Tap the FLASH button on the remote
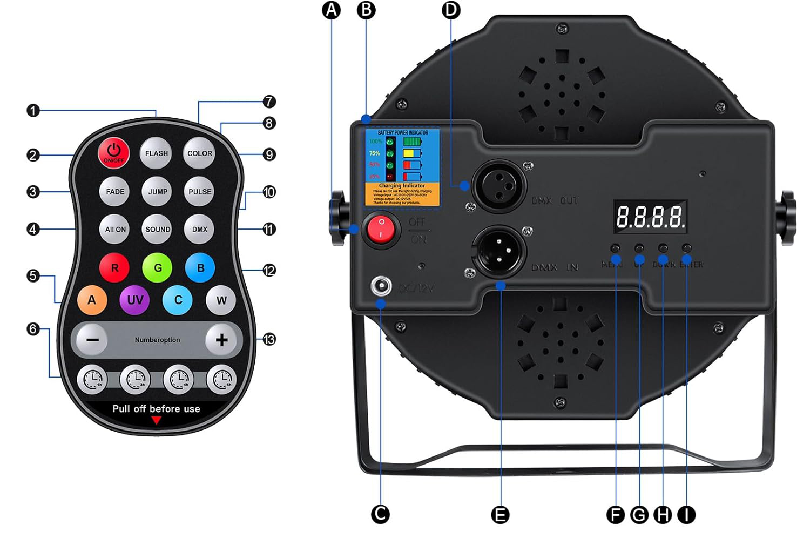pyautogui.click(x=156, y=153)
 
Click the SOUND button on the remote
pyautogui.click(x=157, y=230)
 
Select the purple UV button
pyautogui.click(x=135, y=300)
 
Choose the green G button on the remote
pyautogui.click(x=158, y=268)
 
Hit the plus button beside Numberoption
pyautogui.click(x=221, y=340)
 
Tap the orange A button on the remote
pyautogui.click(x=92, y=300)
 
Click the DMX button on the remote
pyautogui.click(x=200, y=230)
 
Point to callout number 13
pyautogui.click(x=269, y=340)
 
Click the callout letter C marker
pyautogui.click(x=381, y=514)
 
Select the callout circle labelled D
pyautogui.click(x=451, y=10)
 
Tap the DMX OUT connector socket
pyautogui.click(x=500, y=186)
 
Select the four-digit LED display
pyautogui.click(x=651, y=216)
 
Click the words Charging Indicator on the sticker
pyautogui.click(x=402, y=186)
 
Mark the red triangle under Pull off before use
pyautogui.click(x=156, y=420)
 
